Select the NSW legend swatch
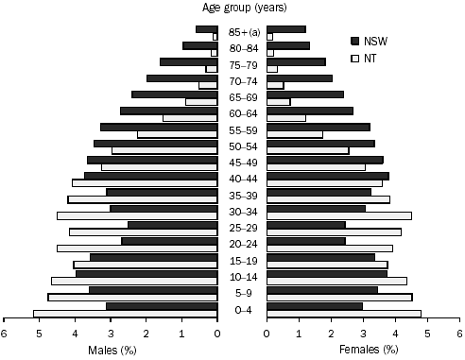coord(356,41)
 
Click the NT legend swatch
coord(356,58)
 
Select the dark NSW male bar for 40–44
coord(151,175)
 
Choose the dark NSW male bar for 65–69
coord(175,94)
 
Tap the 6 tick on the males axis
coord(4,333)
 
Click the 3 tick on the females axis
coord(363,333)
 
